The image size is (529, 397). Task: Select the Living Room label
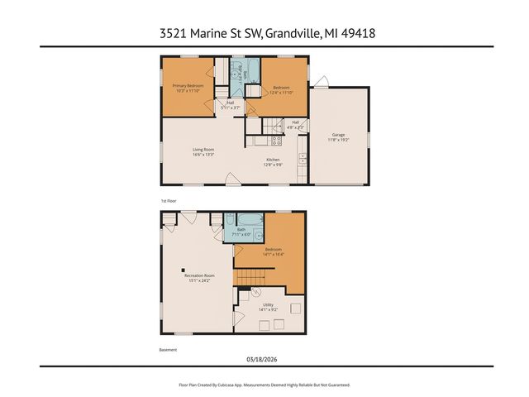coord(203,151)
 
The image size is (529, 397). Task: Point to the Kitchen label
coord(273,161)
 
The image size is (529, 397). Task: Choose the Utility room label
coord(268,308)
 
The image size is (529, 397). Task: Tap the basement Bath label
coord(242,232)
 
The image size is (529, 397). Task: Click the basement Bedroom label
coord(274,251)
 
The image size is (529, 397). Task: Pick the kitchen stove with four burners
coord(276,141)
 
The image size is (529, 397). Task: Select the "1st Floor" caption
coord(169,201)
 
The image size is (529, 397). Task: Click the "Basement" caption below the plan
coord(168,350)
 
